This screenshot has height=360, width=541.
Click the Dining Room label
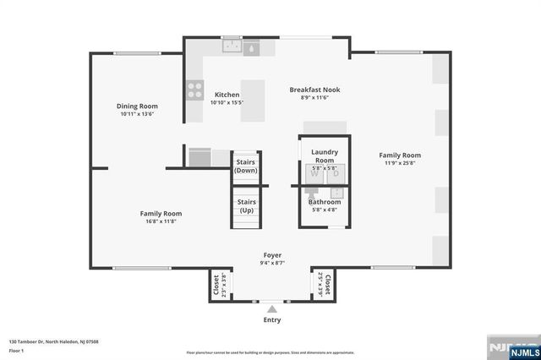[137, 106]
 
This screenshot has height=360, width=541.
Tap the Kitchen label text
[227, 95]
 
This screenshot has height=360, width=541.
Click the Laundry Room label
[324, 155]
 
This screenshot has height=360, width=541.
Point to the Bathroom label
[325, 202]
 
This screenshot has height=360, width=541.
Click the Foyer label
[272, 254]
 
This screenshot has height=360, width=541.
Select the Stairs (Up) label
[246, 206]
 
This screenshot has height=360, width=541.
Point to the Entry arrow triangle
[272, 309]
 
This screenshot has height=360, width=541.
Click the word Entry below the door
[272, 319]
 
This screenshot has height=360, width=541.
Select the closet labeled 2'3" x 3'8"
[216, 286]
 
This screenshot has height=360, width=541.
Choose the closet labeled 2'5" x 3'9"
[326, 286]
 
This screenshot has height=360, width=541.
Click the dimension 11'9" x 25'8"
[400, 164]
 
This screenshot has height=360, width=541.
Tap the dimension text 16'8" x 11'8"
[161, 222]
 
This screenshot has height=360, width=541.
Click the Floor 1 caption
[16, 349]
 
